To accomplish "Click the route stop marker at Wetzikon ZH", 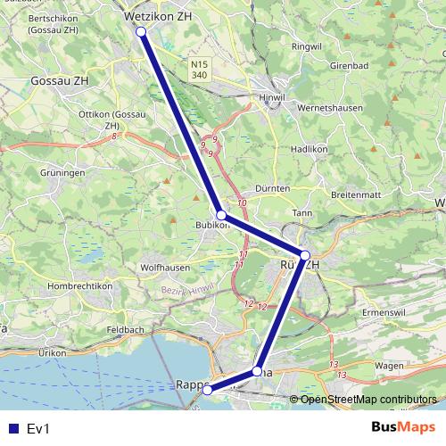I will [141, 32].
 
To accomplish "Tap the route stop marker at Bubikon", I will [221, 215].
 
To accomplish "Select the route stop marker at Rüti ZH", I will [305, 256].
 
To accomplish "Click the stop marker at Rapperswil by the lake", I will [207, 390].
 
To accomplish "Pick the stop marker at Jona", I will [257, 370].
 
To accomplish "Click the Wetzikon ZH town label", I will [158, 15].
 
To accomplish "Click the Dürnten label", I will [272, 189].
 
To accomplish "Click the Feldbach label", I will [126, 330].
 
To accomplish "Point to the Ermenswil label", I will [384, 313].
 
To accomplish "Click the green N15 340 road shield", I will [200, 70].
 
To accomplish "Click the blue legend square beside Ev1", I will [12, 428].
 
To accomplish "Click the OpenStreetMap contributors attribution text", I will [368, 399].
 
